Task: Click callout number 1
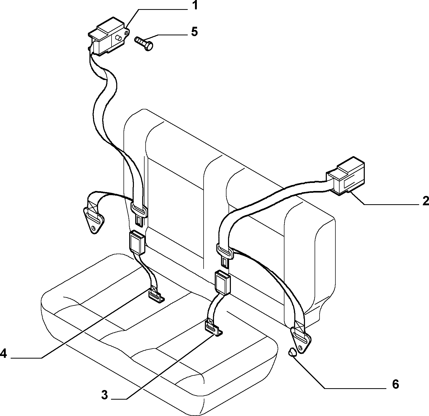194,5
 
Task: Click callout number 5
194,32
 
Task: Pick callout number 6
395,384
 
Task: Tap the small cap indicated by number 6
292,353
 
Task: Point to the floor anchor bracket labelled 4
157,296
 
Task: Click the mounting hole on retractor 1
127,32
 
